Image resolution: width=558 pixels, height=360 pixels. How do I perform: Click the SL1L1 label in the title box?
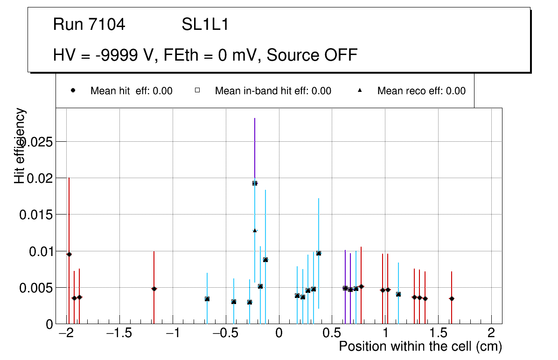click(205, 25)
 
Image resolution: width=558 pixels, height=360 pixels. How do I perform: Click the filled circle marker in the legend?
click(73, 91)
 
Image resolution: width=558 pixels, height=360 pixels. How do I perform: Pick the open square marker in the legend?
click(197, 91)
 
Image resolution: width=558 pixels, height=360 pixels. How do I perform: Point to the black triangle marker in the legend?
click(360, 91)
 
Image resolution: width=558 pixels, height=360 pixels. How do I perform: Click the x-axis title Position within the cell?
click(420, 346)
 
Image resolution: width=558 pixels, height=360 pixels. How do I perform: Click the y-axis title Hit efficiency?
click(20, 146)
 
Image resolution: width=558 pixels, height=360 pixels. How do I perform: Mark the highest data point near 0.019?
click(255, 183)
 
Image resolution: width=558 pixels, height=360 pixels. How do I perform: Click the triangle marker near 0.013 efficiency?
click(255, 230)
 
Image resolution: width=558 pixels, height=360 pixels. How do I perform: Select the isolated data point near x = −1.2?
click(154, 289)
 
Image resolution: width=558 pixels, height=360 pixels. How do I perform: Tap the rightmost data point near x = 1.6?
click(452, 298)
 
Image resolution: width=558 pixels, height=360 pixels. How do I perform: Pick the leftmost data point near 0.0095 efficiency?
click(69, 254)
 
